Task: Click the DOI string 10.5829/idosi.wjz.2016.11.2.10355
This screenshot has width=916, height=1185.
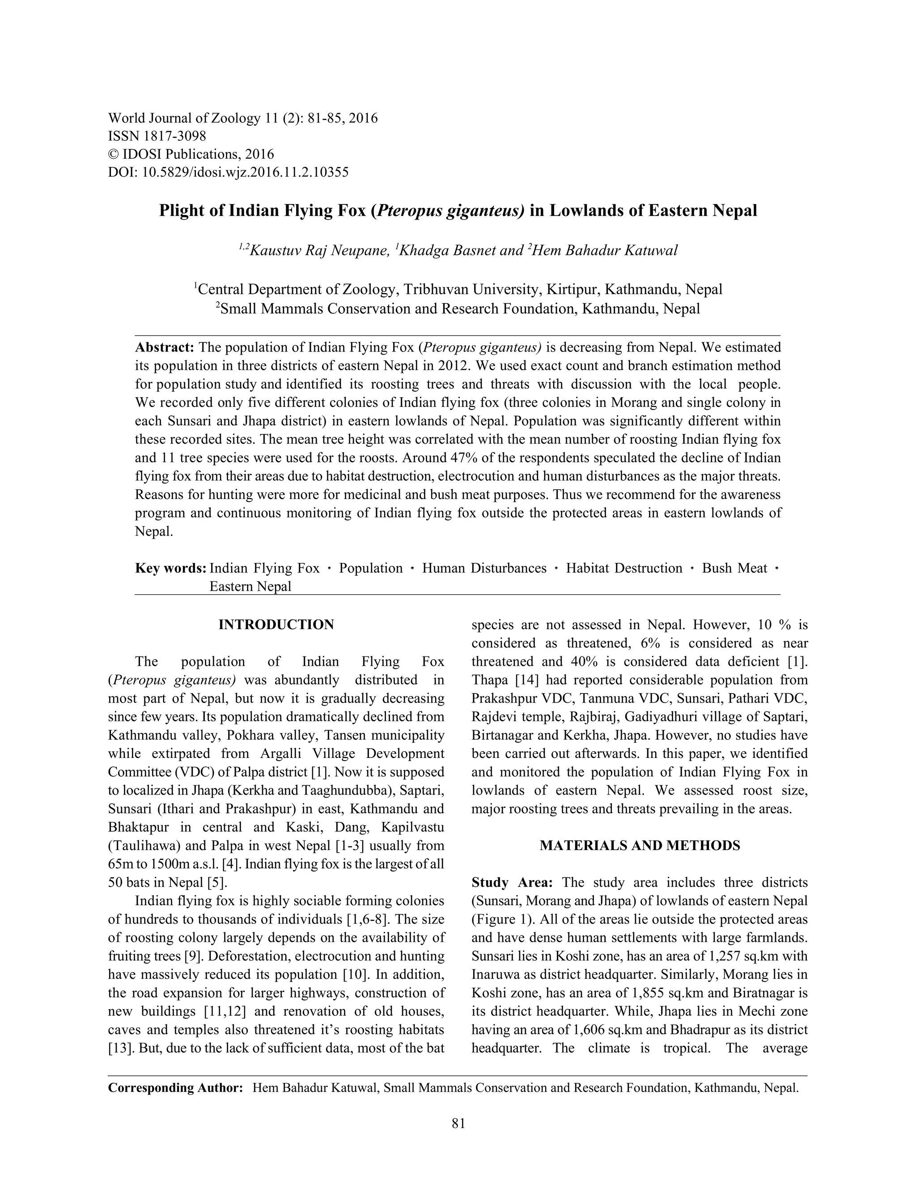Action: (x=245, y=173)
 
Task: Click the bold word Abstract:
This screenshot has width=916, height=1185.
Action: (x=165, y=347)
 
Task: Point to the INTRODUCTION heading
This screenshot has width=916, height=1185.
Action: (x=276, y=625)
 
